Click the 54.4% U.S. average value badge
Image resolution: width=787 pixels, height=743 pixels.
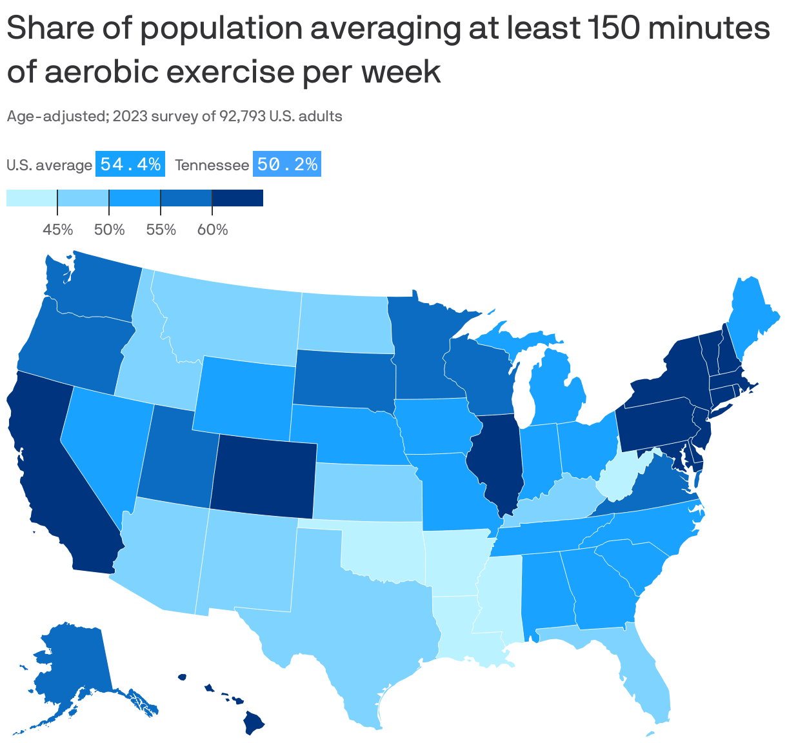pos(131,164)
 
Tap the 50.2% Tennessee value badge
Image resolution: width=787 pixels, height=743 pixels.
pos(287,164)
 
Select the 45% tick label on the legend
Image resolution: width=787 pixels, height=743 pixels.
pos(57,230)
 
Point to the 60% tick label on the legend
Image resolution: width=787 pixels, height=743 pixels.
pos(212,230)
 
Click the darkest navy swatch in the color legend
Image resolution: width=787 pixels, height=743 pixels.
pos(237,198)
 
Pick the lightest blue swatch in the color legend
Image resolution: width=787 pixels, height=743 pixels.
pos(32,198)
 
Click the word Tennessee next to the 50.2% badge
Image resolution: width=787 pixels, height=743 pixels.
pos(212,166)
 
